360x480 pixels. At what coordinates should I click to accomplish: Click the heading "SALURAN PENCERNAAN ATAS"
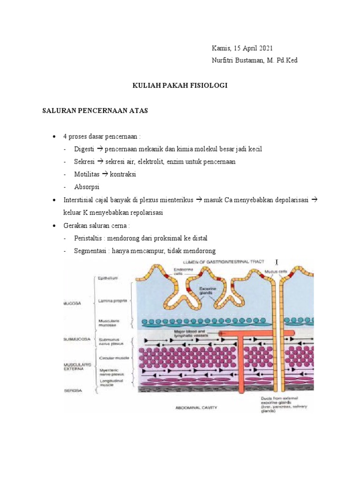tap(95, 111)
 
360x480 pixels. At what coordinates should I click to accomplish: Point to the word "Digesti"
tap(84, 149)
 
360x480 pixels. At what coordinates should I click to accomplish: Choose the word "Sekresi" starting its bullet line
tap(84, 162)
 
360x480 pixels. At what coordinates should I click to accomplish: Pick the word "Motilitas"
tap(87, 174)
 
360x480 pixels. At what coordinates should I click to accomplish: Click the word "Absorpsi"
tap(85, 187)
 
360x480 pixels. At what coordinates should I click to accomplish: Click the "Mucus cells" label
tap(271, 271)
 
